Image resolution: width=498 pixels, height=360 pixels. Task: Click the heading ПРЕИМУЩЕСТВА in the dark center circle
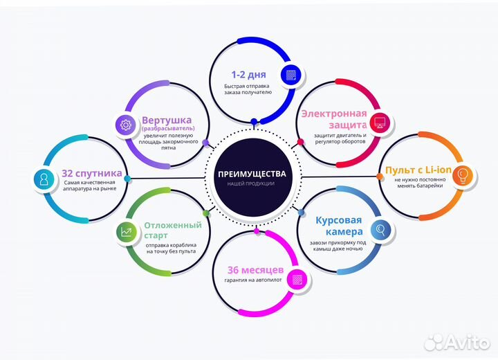pyautogui.click(x=252, y=174)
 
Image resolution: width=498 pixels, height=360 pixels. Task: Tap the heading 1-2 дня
pyautogui.click(x=249, y=75)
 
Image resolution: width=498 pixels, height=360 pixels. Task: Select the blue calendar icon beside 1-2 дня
pyautogui.click(x=291, y=75)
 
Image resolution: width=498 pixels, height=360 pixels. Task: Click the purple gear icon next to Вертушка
pyautogui.click(x=126, y=125)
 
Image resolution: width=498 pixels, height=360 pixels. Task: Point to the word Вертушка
pyautogui.click(x=167, y=120)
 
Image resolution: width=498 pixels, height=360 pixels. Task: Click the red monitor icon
pyautogui.click(x=380, y=123)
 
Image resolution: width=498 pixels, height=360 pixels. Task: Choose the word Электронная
pyautogui.click(x=334, y=114)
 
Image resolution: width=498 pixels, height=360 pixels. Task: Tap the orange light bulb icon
pyautogui.click(x=463, y=174)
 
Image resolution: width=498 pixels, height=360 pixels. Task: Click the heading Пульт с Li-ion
pyautogui.click(x=418, y=170)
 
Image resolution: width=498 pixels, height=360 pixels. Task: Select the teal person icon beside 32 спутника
pyautogui.click(x=44, y=179)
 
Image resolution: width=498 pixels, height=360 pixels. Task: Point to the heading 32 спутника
pyautogui.click(x=92, y=173)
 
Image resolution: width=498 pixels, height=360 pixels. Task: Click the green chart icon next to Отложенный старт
pyautogui.click(x=126, y=232)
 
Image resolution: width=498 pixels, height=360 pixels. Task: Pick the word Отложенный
pyautogui.click(x=173, y=225)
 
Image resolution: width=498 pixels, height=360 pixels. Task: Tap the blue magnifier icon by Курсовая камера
pyautogui.click(x=381, y=229)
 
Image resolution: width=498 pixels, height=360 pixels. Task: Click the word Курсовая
pyautogui.click(x=338, y=220)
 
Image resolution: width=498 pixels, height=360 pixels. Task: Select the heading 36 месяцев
pyautogui.click(x=255, y=270)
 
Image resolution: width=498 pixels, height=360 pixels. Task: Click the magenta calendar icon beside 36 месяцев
pyautogui.click(x=297, y=280)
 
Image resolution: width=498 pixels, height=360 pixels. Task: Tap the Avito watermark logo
pyautogui.click(x=456, y=342)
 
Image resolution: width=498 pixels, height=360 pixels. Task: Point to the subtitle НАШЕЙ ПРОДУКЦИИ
pyautogui.click(x=251, y=183)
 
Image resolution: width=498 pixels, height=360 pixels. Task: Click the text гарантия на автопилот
pyautogui.click(x=253, y=280)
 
